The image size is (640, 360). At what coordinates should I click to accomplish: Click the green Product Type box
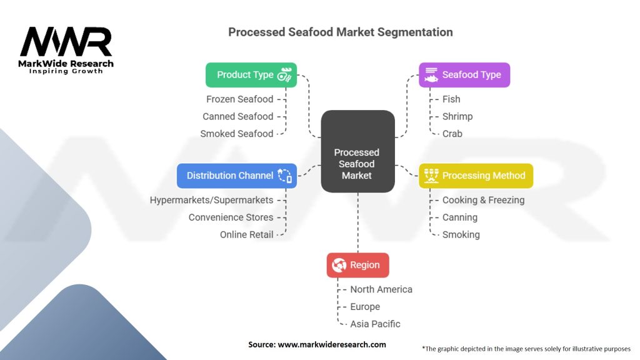tap(251, 75)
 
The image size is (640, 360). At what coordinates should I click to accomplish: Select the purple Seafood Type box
tap(464, 75)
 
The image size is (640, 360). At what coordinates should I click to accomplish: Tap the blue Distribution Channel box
tap(236, 176)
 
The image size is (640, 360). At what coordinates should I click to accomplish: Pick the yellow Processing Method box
tap(476, 176)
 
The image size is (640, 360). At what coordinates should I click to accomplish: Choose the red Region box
tap(357, 265)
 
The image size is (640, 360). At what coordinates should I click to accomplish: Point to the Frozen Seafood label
tap(240, 99)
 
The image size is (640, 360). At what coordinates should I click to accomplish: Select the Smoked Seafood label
tap(237, 134)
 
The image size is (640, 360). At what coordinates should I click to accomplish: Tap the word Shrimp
tap(457, 116)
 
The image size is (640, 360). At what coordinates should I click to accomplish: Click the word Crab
tap(452, 134)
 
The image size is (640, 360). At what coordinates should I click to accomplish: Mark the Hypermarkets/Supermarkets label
tap(212, 200)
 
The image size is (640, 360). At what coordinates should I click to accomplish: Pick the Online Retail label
tap(247, 235)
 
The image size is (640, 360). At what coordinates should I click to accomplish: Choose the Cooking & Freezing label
tap(483, 200)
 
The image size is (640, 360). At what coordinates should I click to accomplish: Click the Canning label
tap(460, 217)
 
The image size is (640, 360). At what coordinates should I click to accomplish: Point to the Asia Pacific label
tap(375, 324)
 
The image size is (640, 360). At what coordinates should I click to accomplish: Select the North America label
tap(381, 289)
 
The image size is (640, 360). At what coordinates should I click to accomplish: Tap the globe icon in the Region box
tap(339, 265)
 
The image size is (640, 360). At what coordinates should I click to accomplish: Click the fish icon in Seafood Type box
tap(431, 76)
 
